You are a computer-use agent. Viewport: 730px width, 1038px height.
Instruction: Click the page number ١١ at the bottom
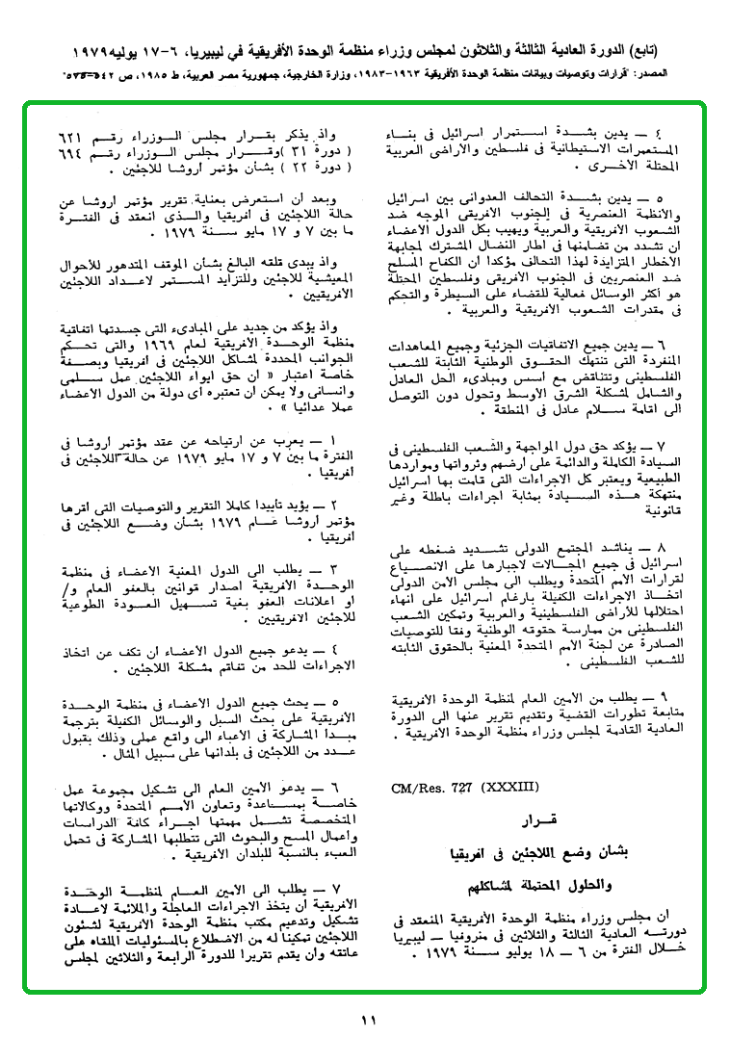(366, 1020)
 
